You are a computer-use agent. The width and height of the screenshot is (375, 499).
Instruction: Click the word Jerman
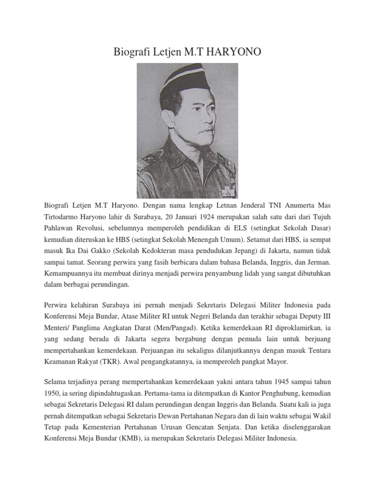point(319,262)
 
